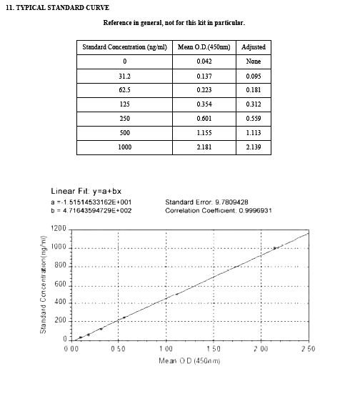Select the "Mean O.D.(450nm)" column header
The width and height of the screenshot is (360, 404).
click(204, 47)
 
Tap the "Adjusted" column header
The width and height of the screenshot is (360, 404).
click(254, 47)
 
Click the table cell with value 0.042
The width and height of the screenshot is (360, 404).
click(204, 61)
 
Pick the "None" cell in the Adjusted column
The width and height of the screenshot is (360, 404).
click(254, 61)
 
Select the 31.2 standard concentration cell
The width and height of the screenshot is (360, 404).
click(124, 76)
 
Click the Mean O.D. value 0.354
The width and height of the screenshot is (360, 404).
click(204, 104)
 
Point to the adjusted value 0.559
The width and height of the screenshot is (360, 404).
click(254, 119)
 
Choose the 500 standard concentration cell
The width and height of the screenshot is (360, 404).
click(124, 133)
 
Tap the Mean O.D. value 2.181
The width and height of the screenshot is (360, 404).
click(204, 147)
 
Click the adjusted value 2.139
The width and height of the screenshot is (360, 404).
click(254, 147)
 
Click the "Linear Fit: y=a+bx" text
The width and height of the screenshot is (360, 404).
click(85, 191)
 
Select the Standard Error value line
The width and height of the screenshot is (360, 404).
click(206, 202)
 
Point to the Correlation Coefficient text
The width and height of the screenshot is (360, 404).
click(218, 211)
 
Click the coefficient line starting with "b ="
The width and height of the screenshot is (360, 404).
click(91, 211)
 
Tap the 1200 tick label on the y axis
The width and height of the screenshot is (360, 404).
click(58, 229)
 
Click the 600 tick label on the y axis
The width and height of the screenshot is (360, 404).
click(60, 284)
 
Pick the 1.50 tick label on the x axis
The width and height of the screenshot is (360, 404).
click(213, 349)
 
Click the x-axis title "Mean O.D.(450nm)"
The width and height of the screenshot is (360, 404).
click(189, 360)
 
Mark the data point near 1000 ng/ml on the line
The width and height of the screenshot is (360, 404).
click(274, 247)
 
